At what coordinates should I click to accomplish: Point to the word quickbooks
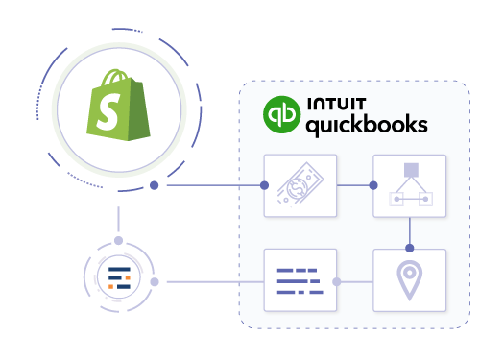[x=366, y=125]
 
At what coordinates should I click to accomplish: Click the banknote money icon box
[x=299, y=184]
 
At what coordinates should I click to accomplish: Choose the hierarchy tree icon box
[x=410, y=184]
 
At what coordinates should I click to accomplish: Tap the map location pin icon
[x=410, y=279]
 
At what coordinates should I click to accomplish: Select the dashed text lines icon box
[x=299, y=279]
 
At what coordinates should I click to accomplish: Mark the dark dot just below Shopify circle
[x=155, y=184]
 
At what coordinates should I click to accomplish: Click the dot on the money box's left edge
[x=264, y=184]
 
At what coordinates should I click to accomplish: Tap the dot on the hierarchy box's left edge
[x=374, y=184]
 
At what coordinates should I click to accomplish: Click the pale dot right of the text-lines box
[x=336, y=282]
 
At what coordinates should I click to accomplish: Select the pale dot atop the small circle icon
[x=118, y=240]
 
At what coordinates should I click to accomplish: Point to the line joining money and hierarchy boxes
[x=353, y=184]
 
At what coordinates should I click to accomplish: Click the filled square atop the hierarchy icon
[x=410, y=170]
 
